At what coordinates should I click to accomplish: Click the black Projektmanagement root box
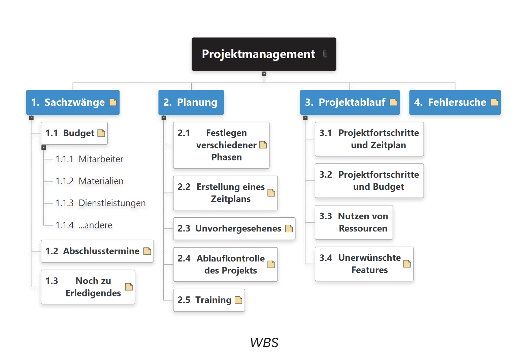tap(264, 54)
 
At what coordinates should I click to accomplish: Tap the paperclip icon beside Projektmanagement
tap(325, 54)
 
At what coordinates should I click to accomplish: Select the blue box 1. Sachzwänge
tap(73, 102)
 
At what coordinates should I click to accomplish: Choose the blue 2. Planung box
tap(191, 102)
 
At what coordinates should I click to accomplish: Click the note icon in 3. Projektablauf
tap(393, 102)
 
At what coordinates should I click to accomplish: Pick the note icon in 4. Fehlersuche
tap(494, 102)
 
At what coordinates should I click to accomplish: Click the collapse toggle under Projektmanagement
tap(264, 74)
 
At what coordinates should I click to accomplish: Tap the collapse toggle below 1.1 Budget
tap(44, 148)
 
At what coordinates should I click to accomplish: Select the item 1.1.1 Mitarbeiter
tap(89, 159)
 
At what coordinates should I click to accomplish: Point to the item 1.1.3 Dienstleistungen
tap(101, 203)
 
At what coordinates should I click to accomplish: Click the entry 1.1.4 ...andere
tap(84, 225)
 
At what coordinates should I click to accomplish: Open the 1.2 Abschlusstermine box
tap(97, 251)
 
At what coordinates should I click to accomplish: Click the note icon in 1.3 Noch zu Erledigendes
tap(129, 287)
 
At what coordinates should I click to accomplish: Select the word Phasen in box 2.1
tap(227, 157)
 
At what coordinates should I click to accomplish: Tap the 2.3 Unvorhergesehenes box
tap(234, 229)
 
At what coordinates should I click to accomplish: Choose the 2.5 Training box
tap(209, 300)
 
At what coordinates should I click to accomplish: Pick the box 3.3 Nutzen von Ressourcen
tap(354, 222)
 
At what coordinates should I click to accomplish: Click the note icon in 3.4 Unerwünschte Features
tap(407, 264)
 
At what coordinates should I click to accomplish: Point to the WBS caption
tap(264, 343)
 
